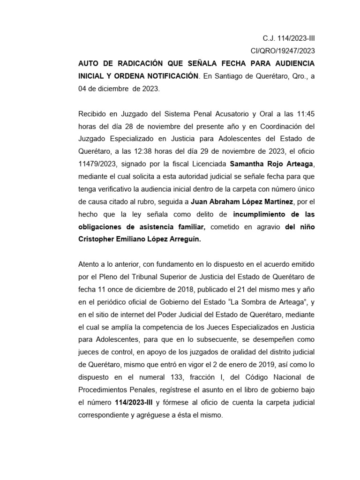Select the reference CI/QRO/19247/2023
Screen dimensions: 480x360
pyautogui.click(x=283, y=51)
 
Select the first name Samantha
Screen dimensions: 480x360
pyautogui.click(x=247, y=164)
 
